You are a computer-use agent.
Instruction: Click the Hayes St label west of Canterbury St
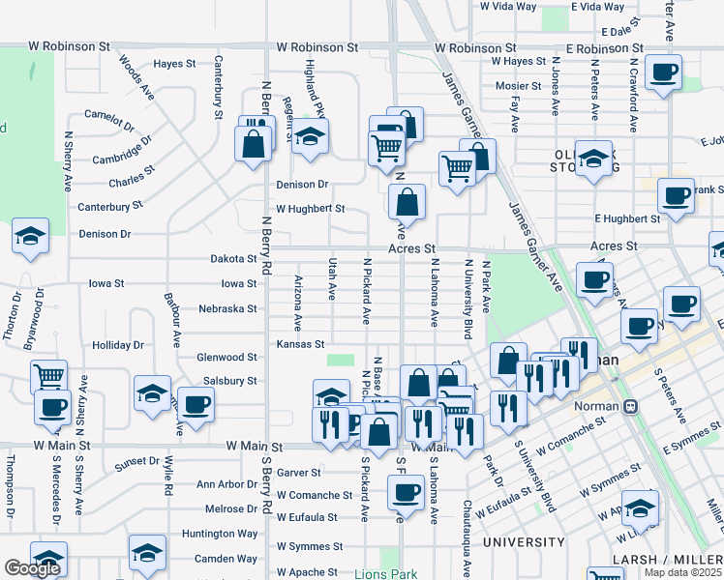(174, 64)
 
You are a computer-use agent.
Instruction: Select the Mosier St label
(511, 85)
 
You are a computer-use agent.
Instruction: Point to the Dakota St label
(233, 259)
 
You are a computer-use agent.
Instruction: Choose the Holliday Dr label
(117, 345)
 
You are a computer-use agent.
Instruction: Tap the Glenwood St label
(227, 357)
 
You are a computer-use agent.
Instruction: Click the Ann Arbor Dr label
(226, 484)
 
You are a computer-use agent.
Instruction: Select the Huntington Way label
(220, 534)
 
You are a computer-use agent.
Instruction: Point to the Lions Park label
(385, 573)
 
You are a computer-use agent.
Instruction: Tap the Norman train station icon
(630, 406)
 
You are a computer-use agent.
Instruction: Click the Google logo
(32, 568)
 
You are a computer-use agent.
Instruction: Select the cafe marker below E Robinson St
(665, 72)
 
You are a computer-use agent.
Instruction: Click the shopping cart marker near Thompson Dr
(49, 375)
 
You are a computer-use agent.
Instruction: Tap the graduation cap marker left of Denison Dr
(30, 236)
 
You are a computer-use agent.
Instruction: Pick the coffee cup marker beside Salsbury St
(195, 403)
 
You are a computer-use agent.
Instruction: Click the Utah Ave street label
(332, 276)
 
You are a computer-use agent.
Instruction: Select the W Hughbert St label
(310, 208)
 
